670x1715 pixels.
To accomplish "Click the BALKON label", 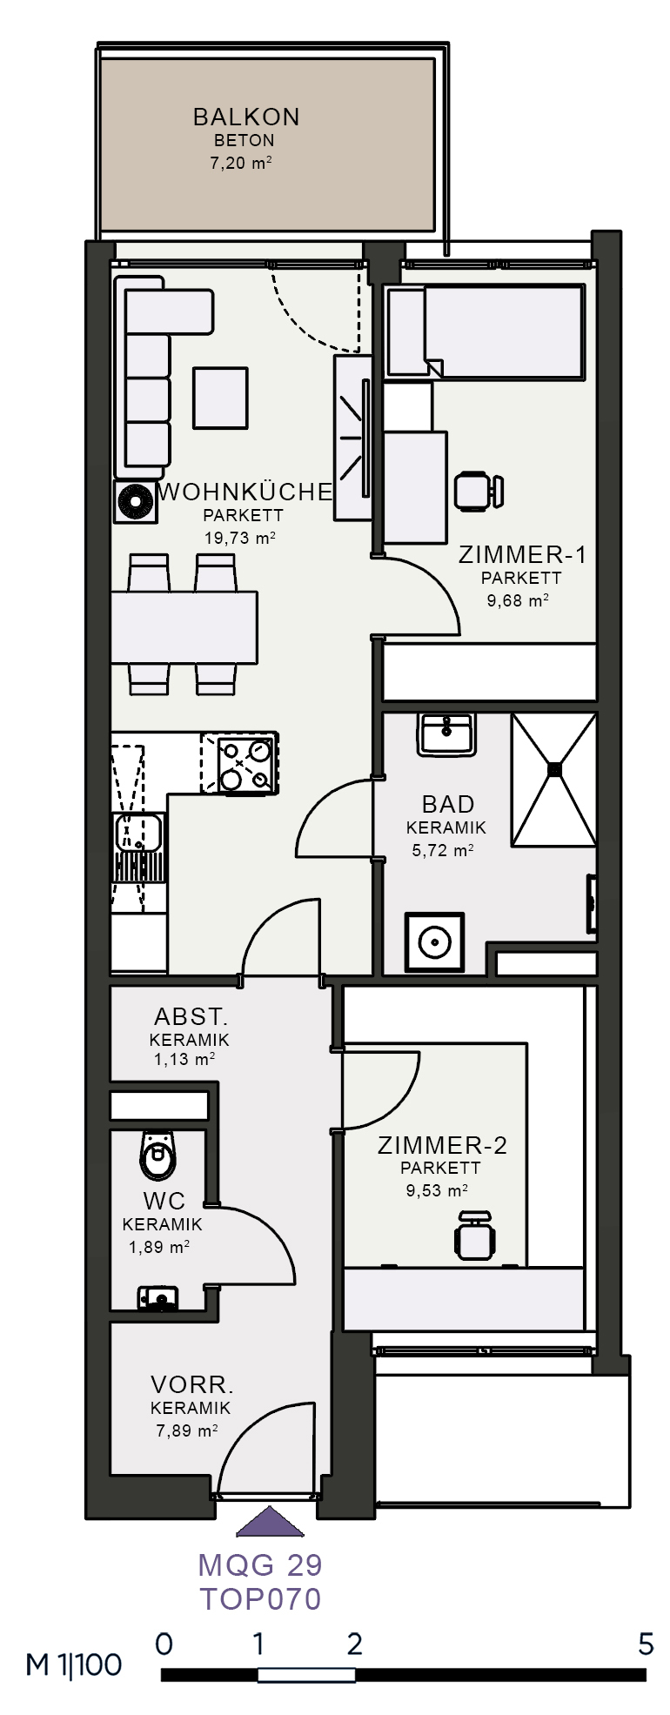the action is pos(246,117).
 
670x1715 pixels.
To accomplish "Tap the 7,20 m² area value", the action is pos(241,162).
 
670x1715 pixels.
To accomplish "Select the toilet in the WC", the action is pos(158,1154).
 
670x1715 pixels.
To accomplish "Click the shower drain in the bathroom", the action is pos(553,768).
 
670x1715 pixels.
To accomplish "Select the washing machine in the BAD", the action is pos(434,942).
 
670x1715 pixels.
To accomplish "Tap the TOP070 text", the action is pos(261,1598).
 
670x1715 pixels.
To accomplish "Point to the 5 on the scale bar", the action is pos(645,1644).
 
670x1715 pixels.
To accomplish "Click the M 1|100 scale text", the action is pos(74,1665).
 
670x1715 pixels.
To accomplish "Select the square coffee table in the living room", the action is pos(220,397).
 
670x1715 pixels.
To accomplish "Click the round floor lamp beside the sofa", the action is pos(136,502).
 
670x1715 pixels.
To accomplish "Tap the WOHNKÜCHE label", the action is pos(246,492).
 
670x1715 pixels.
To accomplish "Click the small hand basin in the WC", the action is pos(157,1298).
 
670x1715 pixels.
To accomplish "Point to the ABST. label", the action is pos(191,1016).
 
